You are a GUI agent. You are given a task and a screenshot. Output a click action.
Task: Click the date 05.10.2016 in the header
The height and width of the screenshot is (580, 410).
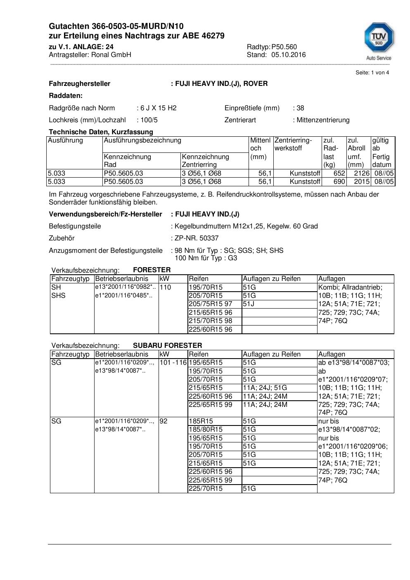tap(289, 55)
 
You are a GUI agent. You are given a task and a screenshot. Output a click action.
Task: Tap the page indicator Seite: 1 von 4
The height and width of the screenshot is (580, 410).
tap(372, 73)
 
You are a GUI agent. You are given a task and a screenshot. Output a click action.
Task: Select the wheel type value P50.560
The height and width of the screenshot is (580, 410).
tap(284, 47)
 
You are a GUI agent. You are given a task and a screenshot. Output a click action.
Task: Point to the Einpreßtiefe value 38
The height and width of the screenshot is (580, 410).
tap(300, 108)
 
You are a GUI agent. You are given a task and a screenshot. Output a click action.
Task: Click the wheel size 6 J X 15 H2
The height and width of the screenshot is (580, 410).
tap(158, 108)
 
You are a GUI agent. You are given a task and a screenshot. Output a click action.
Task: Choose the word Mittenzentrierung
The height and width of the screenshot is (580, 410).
tap(323, 120)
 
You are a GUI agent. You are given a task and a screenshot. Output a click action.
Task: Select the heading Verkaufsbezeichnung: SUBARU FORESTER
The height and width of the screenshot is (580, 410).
tap(127, 345)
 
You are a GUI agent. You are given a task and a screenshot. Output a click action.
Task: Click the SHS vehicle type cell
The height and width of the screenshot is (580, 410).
tap(58, 296)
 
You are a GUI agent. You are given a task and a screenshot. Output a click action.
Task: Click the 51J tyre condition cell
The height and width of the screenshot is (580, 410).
tap(249, 304)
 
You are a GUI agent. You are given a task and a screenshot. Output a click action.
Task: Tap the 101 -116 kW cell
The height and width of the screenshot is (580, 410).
tap(173, 363)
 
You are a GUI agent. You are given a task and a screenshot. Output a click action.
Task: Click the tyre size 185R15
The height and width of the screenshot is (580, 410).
tap(201, 421)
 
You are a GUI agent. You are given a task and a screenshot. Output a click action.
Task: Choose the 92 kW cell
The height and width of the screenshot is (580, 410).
tap(164, 421)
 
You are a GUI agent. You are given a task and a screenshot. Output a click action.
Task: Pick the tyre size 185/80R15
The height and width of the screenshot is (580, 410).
tap(205, 430)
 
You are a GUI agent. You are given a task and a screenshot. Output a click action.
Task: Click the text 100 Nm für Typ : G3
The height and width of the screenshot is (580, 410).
tap(206, 258)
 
